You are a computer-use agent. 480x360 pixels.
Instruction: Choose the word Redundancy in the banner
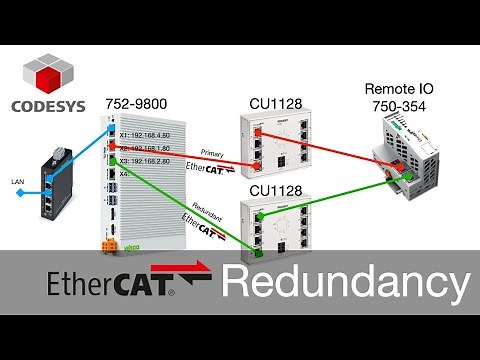pos(345,282)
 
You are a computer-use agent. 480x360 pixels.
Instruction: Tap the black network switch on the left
pos(50,185)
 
